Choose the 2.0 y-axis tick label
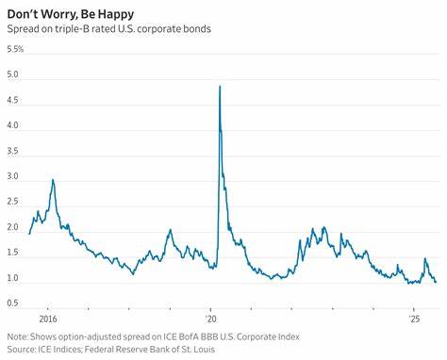13,227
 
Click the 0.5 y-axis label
13,303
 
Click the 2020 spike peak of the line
220,87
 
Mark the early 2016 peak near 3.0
53,180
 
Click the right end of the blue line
436,282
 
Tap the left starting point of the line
29,233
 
